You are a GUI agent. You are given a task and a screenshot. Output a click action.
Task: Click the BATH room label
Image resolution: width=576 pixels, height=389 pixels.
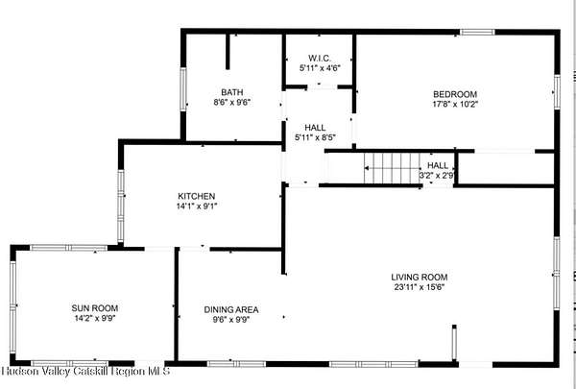231,92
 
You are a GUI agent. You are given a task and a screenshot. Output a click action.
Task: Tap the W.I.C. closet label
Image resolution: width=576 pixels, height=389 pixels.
320,58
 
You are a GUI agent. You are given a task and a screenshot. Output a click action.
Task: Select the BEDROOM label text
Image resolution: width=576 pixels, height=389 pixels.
455,94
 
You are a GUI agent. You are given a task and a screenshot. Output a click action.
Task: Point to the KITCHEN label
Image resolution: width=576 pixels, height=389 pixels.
197,196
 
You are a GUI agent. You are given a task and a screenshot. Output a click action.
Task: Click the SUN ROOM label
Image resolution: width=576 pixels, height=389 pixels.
95,308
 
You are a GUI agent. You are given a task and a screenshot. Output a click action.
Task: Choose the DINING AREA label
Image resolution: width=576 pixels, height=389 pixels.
231,310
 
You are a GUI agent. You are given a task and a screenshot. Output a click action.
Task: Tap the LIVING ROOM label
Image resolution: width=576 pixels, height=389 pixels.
420,278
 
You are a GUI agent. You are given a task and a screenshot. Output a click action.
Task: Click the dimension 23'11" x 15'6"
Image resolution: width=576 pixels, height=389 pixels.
420,287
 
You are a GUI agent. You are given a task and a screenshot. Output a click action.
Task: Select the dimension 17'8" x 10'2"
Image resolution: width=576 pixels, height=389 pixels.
455,104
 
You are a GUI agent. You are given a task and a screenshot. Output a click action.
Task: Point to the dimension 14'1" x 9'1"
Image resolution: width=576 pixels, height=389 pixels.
197,206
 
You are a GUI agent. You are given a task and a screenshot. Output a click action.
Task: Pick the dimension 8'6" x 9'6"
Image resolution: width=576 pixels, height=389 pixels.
231,102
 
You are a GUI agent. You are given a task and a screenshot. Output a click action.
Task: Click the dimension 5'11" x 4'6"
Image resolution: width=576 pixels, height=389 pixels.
320,68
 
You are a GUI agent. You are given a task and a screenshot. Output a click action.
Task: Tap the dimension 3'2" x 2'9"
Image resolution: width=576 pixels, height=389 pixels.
437,176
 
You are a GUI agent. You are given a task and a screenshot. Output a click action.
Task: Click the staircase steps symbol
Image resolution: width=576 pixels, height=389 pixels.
392,168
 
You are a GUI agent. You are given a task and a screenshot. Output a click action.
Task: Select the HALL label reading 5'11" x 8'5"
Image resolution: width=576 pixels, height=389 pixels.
316,133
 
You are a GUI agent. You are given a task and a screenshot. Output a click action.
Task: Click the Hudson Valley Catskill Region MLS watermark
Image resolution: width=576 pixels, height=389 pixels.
85,371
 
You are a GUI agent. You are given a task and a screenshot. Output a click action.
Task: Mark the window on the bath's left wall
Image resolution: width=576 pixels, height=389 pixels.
183,89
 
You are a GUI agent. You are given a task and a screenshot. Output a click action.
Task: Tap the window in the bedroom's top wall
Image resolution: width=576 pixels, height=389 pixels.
477,33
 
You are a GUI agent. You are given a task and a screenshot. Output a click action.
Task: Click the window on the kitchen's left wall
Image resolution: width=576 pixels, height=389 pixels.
121,207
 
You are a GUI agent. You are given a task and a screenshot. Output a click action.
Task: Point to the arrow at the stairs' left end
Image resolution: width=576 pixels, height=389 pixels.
367,168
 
